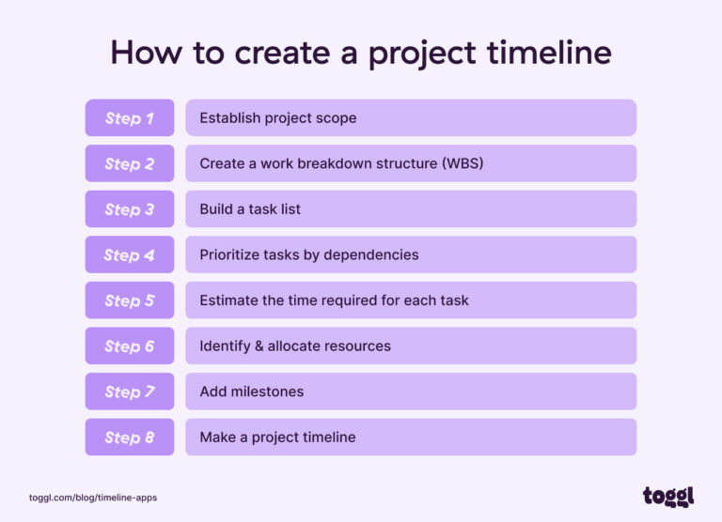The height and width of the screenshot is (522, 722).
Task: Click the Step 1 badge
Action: [x=130, y=118]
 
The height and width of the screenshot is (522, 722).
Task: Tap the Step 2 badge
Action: [x=130, y=163]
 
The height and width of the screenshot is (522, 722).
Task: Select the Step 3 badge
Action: [x=130, y=209]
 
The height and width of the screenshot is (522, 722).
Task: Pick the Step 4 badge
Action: [x=130, y=254]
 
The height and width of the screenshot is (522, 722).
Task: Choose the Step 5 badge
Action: [x=130, y=300]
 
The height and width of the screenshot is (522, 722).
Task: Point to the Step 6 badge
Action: [x=130, y=345]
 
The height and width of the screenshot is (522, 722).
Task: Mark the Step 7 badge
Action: [x=130, y=391]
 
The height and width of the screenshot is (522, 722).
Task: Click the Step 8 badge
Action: [x=130, y=437]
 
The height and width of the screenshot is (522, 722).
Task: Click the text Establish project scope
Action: [x=277, y=118]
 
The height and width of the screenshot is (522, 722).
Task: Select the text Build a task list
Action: [x=250, y=209]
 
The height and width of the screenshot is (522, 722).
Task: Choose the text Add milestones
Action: [x=251, y=391]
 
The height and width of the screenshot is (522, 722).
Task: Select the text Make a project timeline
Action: [x=277, y=437]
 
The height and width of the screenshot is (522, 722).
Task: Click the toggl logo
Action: [x=667, y=496]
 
